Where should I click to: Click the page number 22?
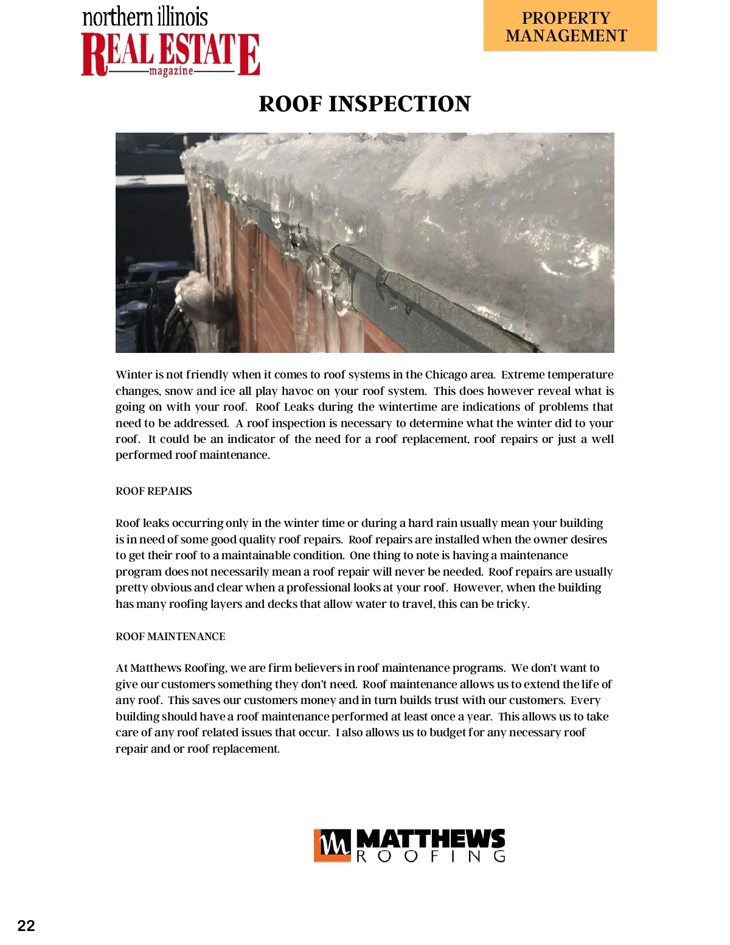pos(26,926)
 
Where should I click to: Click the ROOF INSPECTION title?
pos(364,104)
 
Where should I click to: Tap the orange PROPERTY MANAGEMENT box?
pos(570,26)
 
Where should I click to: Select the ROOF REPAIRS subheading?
pos(153,491)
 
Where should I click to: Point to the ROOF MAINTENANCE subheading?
pos(170,636)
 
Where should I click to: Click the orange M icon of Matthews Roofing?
pos(332,845)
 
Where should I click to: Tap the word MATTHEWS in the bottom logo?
pos(430,839)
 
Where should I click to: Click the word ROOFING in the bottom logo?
pos(430,856)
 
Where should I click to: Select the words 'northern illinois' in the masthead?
pos(145,17)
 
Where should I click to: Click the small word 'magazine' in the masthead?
pos(171,71)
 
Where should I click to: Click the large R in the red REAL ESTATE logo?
pos(95,55)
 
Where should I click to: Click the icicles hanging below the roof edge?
pos(328,298)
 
